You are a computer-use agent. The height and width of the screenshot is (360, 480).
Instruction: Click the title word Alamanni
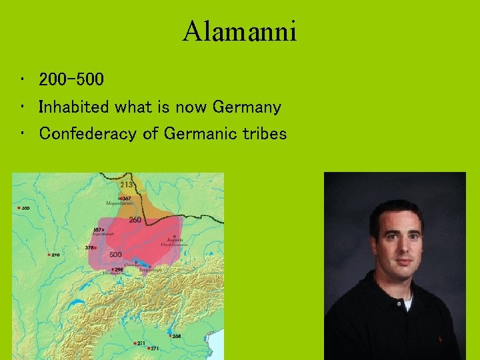tap(239, 31)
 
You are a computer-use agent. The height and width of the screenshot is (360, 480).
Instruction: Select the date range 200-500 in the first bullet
tap(71, 81)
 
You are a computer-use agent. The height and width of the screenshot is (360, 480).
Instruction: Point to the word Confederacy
tap(89, 134)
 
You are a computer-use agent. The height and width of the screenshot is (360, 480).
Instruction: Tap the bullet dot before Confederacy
tap(23, 134)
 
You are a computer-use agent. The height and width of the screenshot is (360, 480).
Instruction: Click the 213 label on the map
tap(126, 184)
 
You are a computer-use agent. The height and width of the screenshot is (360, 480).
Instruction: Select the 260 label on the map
tap(135, 220)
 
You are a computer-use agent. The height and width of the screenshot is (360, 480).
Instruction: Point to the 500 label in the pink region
tap(115, 255)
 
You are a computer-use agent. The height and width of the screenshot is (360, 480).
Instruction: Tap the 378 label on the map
tap(90, 247)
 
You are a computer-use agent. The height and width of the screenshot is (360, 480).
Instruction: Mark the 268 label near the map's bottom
tap(176, 337)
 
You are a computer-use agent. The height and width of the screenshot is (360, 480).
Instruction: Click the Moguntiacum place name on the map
tap(119, 203)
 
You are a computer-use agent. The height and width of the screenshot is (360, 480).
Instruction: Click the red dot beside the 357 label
tap(102, 231)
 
